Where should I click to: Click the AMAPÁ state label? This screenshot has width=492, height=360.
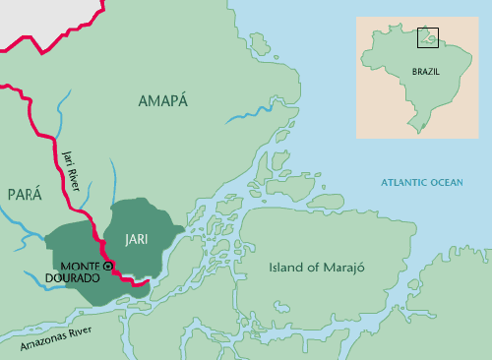[162, 100]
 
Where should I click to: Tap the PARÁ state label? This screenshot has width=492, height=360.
[25, 195]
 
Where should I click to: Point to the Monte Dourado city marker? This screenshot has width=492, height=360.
[108, 266]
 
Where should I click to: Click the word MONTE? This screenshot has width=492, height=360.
[81, 267]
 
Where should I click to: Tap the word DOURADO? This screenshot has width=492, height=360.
[83, 279]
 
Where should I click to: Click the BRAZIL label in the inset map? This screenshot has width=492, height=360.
[425, 72]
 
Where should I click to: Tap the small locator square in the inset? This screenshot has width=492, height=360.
[428, 38]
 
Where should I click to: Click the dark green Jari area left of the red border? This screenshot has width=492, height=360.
[69, 246]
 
